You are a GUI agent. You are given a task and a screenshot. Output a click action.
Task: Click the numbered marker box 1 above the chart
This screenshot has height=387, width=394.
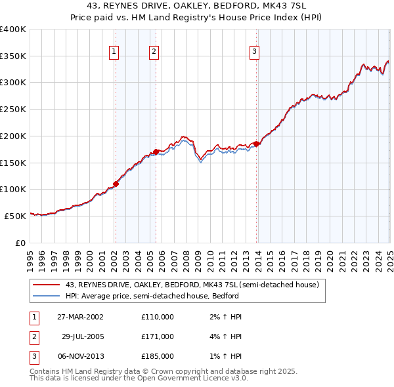coord(114,51)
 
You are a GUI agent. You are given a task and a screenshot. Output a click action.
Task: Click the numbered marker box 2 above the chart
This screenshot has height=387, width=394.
coord(154,51)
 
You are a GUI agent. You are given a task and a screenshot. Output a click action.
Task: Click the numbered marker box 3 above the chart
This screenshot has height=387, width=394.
coord(253,51)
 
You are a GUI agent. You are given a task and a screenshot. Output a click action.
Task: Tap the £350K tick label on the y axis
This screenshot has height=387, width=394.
coord(13,56)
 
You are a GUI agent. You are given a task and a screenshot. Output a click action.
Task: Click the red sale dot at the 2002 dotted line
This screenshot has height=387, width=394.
coord(116,184)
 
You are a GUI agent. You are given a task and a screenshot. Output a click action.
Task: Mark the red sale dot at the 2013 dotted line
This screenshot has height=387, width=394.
coord(257,144)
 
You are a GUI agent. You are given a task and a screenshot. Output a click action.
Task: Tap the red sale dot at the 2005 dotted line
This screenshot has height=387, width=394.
coord(156,152)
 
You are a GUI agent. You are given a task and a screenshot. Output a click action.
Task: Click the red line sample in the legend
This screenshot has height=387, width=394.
coord(45,285)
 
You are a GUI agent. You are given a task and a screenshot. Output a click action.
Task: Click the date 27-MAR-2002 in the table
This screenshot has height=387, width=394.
coord(80,317)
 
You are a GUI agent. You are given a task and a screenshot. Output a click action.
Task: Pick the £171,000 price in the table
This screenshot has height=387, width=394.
coord(158,336)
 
